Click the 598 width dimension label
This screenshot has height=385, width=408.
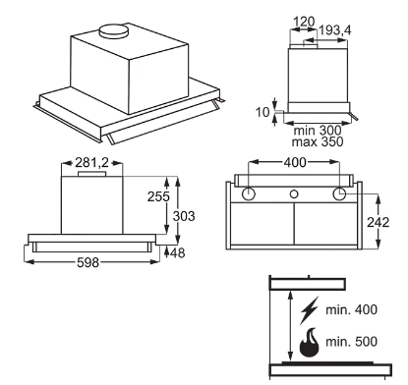[87, 262]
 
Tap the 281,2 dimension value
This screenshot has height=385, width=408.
[91, 162]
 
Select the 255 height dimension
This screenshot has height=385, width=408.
[158, 196]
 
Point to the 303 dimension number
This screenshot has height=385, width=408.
[184, 216]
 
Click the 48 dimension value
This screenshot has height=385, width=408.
[178, 252]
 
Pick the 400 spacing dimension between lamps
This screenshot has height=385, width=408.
[295, 162]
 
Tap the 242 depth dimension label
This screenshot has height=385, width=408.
[378, 222]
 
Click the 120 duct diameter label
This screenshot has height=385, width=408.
[304, 22]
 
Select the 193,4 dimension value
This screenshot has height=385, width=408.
[334, 30]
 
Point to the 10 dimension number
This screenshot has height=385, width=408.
[262, 112]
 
